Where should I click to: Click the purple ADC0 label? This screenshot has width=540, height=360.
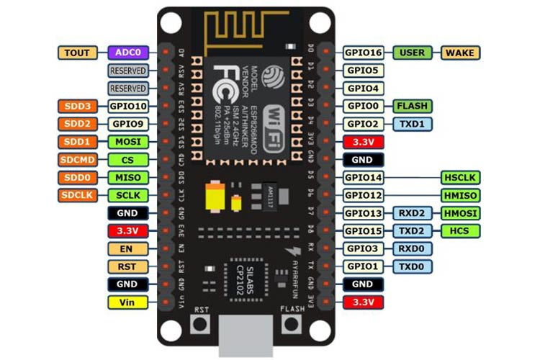point(129,53)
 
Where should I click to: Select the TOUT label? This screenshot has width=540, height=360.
point(77,53)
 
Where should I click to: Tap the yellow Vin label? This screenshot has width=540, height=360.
point(128,302)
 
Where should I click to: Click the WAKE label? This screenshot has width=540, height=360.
point(460,53)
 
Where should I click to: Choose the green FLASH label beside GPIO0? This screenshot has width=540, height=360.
point(413,106)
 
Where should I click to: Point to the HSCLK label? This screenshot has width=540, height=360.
point(460,177)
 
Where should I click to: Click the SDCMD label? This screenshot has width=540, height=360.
point(77,160)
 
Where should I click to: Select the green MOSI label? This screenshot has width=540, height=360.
point(128,142)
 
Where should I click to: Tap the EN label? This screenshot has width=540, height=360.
point(128,248)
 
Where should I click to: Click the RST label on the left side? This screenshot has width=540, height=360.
point(128,266)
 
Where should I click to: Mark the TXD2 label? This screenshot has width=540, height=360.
point(413,230)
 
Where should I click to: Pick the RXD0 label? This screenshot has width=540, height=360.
point(413,248)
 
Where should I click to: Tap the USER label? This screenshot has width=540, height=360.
point(413,53)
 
